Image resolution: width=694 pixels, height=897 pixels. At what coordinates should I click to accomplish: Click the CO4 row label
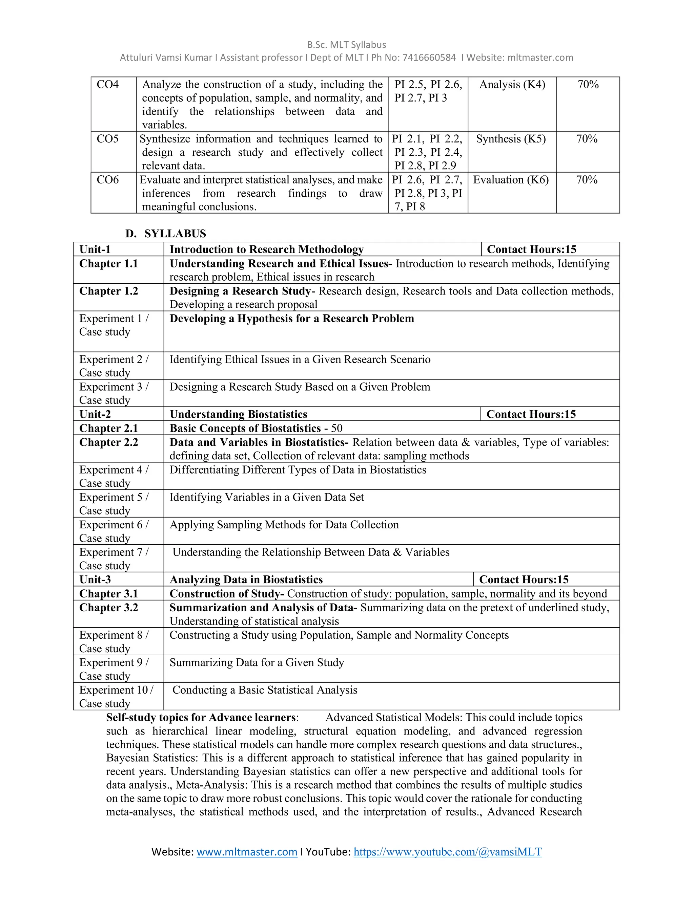pos(108,85)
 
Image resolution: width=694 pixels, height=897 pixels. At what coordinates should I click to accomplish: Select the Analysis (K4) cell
pos(512,85)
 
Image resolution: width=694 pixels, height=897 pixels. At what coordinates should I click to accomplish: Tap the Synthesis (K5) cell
pos(511,139)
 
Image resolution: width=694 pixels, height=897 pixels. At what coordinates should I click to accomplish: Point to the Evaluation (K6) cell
pos(511,180)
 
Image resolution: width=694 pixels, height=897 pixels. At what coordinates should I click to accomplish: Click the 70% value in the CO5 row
pos(587,139)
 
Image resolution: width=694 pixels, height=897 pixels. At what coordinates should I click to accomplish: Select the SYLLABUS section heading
pos(175,234)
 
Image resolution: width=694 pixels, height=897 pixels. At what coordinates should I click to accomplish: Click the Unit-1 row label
pos(95,249)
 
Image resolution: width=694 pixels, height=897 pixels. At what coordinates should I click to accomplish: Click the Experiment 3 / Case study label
pos(114,393)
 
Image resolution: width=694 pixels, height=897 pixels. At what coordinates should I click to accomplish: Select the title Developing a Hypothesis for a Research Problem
pos(291,319)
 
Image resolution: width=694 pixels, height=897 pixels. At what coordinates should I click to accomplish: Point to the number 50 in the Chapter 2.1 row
pos(337,429)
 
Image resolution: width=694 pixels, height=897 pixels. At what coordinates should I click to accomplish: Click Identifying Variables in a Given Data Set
pos(266,497)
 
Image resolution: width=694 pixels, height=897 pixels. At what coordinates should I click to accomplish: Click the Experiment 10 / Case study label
pos(116,697)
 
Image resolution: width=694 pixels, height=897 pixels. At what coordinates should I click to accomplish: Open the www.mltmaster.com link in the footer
pos(247,852)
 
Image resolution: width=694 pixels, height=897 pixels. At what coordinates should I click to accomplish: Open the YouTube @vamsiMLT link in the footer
pos(447,852)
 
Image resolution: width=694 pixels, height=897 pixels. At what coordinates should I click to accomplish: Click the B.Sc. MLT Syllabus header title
pos(346,45)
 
